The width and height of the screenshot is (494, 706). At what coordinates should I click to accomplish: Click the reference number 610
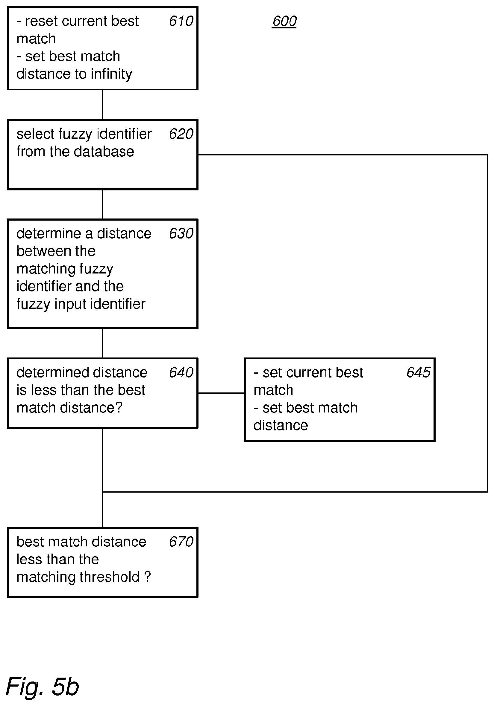181,21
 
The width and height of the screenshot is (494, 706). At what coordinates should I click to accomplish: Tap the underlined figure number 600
284,21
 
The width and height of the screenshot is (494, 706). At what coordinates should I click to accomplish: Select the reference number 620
181,134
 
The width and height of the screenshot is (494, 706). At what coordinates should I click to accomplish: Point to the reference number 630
181,233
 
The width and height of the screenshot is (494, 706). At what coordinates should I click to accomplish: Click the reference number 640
181,372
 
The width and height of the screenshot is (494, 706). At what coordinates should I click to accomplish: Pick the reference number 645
418,372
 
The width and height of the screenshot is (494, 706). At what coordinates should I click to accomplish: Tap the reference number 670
181,542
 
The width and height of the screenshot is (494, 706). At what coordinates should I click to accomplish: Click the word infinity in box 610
111,74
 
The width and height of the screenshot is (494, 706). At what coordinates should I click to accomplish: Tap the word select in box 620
35,134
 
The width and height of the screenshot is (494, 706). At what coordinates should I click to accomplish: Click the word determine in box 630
49,233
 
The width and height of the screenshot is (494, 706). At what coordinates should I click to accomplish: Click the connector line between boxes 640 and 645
221,393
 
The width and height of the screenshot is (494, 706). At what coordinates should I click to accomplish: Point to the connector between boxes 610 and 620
103,105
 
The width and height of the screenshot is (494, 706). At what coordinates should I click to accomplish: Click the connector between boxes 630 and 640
103,343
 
